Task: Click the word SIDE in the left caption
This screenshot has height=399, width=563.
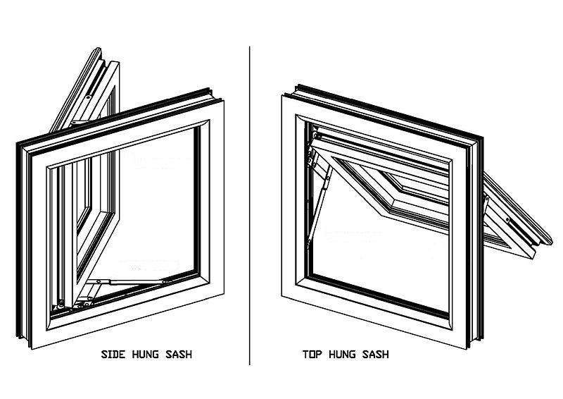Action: (113, 355)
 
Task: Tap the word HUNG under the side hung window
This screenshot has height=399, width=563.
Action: (146, 355)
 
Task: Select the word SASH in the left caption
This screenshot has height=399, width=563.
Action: (179, 355)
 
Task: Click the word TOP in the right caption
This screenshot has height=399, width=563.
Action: (312, 355)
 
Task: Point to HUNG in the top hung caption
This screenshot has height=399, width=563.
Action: (342, 355)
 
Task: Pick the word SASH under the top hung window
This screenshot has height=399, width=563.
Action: (376, 355)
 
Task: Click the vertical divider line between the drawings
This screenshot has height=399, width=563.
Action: (250, 205)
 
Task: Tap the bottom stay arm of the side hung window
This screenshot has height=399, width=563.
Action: (129, 282)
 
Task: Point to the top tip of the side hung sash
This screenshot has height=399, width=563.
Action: (98, 48)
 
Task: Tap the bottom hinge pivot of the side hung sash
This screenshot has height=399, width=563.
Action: (61, 305)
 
